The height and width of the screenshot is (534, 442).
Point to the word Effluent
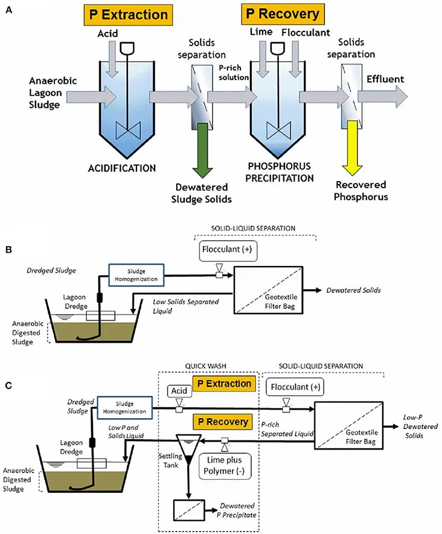pos(385,79)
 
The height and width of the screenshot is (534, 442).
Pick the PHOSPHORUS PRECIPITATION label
pos(280,172)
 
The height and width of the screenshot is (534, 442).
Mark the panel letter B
pos(8,249)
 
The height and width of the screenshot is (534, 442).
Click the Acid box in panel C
pos(179,391)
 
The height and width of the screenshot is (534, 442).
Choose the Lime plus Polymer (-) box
pos(223,465)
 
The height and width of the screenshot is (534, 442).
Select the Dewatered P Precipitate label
pos(237,510)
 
